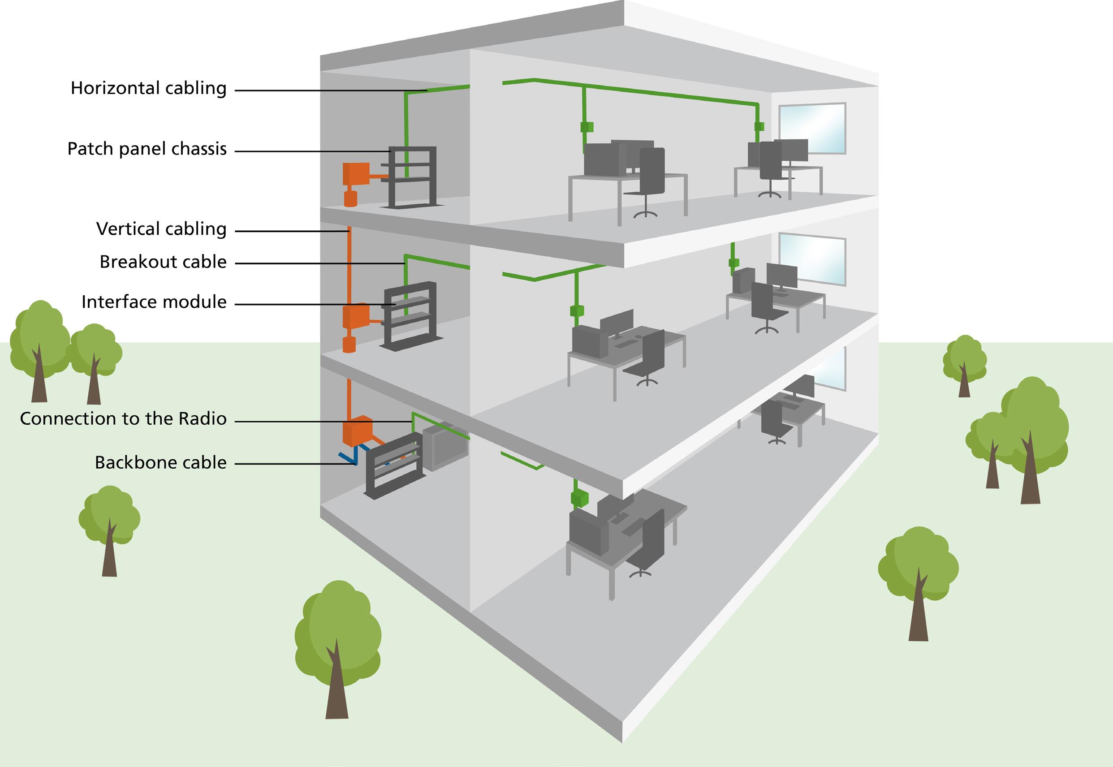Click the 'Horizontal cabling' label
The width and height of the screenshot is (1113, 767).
[x=148, y=88]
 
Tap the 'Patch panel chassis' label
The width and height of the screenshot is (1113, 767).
[x=147, y=149]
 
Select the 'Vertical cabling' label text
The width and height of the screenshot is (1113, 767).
[x=161, y=229]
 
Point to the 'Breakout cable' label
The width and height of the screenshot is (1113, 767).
[x=163, y=262]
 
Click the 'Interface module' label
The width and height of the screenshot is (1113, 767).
[x=154, y=302]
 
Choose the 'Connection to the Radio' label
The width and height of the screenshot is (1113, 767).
[x=123, y=418]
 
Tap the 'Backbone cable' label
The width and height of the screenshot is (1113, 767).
[x=160, y=462]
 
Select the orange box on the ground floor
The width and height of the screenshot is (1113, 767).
[x=357, y=430]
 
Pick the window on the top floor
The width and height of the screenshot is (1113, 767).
[x=812, y=128]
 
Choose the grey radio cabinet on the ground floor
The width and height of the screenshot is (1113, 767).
[x=444, y=445]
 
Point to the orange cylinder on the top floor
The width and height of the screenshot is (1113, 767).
[x=351, y=198]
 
